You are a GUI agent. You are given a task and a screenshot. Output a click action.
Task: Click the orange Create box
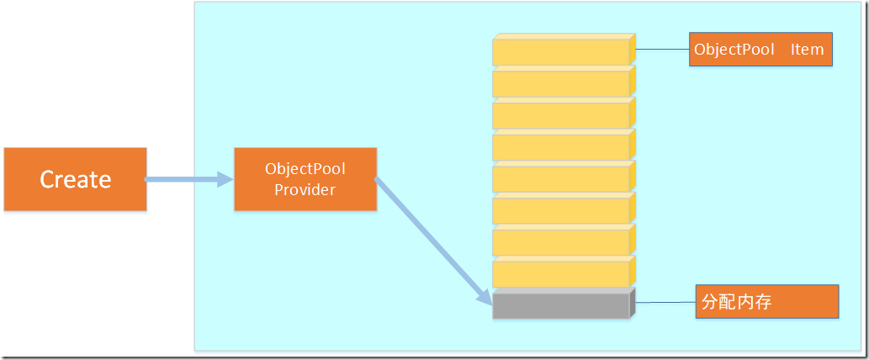click(x=75, y=179)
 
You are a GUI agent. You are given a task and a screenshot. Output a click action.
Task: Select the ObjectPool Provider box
click(x=305, y=179)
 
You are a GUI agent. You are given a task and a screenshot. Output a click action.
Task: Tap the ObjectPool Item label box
click(x=760, y=50)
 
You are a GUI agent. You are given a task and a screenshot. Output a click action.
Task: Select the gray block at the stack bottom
click(x=561, y=305)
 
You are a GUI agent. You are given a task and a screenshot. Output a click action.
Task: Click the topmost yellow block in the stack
click(x=561, y=52)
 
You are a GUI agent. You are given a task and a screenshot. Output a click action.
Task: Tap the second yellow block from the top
click(x=561, y=83)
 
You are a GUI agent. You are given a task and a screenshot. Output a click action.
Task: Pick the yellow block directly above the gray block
click(x=561, y=273)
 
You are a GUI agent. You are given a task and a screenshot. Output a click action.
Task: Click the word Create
click(x=76, y=179)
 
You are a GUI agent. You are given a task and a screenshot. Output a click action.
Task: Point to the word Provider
click(x=305, y=190)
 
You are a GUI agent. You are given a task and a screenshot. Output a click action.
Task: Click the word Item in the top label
click(x=807, y=50)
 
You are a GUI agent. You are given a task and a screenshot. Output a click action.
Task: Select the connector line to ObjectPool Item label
click(x=662, y=50)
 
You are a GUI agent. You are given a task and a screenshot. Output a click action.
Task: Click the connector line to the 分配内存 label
click(x=665, y=302)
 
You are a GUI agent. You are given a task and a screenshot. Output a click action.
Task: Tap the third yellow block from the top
click(x=561, y=115)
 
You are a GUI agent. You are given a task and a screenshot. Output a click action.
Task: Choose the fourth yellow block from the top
click(x=561, y=147)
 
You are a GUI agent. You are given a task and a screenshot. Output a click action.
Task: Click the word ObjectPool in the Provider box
click(x=305, y=169)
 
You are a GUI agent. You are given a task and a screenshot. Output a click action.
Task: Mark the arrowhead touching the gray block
click(x=485, y=298)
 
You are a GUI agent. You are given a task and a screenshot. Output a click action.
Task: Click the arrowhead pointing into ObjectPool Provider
click(x=225, y=179)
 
